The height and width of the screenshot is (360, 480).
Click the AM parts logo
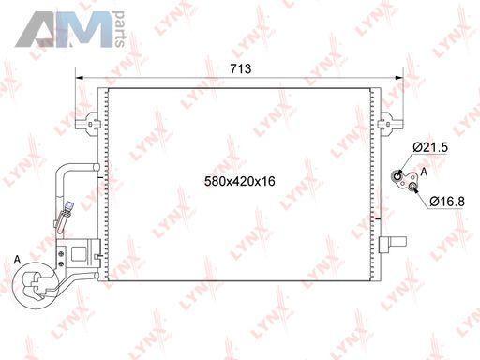[70, 29]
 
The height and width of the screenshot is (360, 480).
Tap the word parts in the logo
[119, 29]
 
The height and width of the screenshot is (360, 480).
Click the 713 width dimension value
[241, 68]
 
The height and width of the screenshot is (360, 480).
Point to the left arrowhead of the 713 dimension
[80, 78]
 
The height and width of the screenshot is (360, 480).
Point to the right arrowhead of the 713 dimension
[399, 78]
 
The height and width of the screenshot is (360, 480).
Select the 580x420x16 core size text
[240, 181]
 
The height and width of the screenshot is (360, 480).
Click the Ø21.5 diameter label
[430, 147]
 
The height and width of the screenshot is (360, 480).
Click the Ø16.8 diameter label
[447, 202]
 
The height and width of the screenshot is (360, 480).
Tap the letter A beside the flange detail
[424, 172]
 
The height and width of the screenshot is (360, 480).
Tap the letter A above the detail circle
[18, 259]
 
